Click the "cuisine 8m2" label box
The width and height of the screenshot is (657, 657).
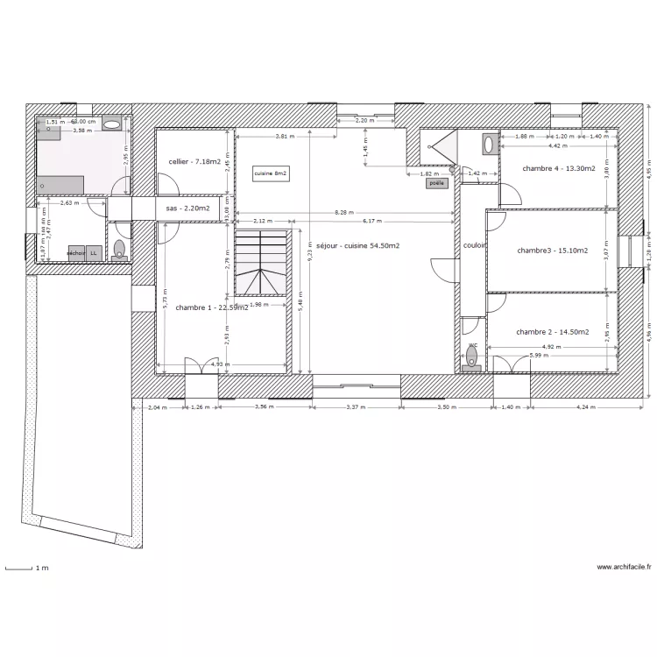click(x=271, y=174)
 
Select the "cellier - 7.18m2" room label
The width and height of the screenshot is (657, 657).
click(x=194, y=161)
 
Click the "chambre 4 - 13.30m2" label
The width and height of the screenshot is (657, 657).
click(x=559, y=168)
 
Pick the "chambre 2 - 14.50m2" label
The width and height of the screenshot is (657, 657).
click(x=552, y=332)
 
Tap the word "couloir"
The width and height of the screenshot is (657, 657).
click(x=475, y=246)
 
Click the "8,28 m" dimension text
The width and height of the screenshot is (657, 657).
click(x=343, y=213)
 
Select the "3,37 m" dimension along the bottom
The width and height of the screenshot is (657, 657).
click(x=357, y=406)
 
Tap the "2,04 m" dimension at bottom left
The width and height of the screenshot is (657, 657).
click(x=157, y=406)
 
